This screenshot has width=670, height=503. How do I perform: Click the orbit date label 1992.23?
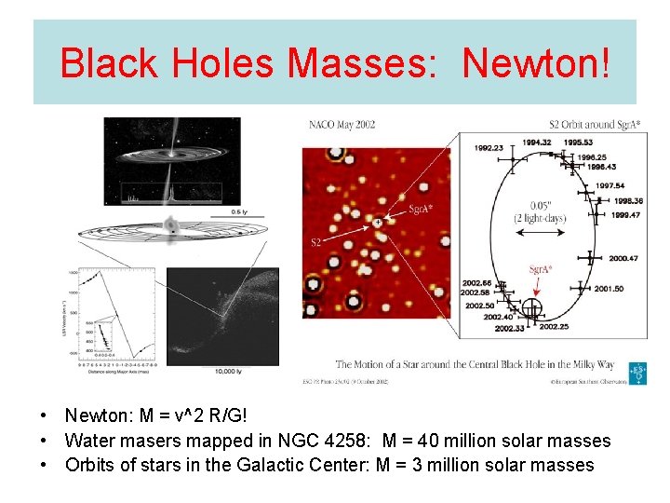(489, 148)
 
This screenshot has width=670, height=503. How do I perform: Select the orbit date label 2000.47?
(623, 258)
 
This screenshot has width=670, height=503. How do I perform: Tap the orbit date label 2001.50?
(609, 289)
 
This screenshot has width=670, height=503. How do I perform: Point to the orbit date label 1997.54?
(610, 185)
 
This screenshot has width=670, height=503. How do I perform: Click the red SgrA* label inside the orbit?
(541, 270)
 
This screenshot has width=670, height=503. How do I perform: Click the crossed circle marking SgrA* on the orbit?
(531, 307)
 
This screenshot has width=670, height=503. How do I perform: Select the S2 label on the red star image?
(318, 241)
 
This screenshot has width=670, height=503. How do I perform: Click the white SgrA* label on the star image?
(421, 210)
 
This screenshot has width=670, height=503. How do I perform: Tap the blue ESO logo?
(638, 373)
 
